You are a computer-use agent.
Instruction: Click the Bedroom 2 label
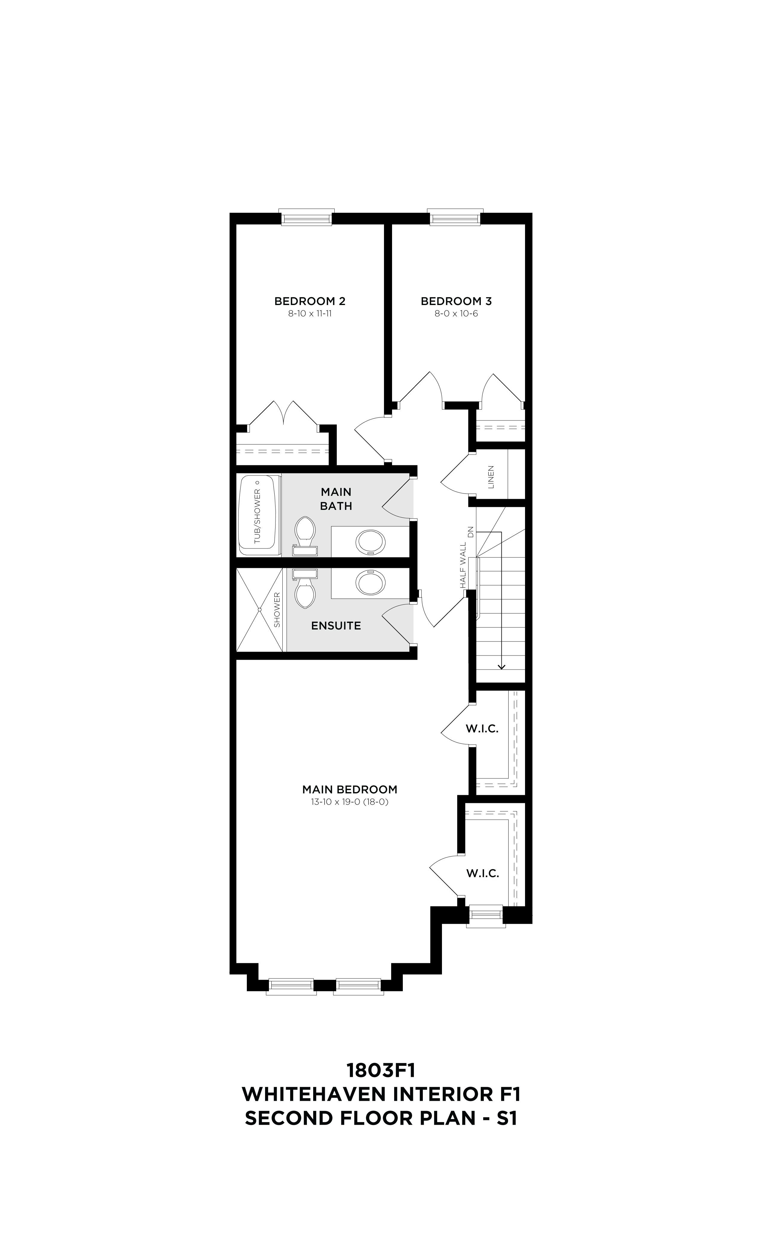click(310, 301)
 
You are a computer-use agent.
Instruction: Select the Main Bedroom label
click(349, 789)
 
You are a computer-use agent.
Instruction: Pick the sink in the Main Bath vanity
click(370, 542)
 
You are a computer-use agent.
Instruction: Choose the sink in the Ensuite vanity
click(370, 583)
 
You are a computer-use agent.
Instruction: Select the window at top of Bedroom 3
click(455, 218)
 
